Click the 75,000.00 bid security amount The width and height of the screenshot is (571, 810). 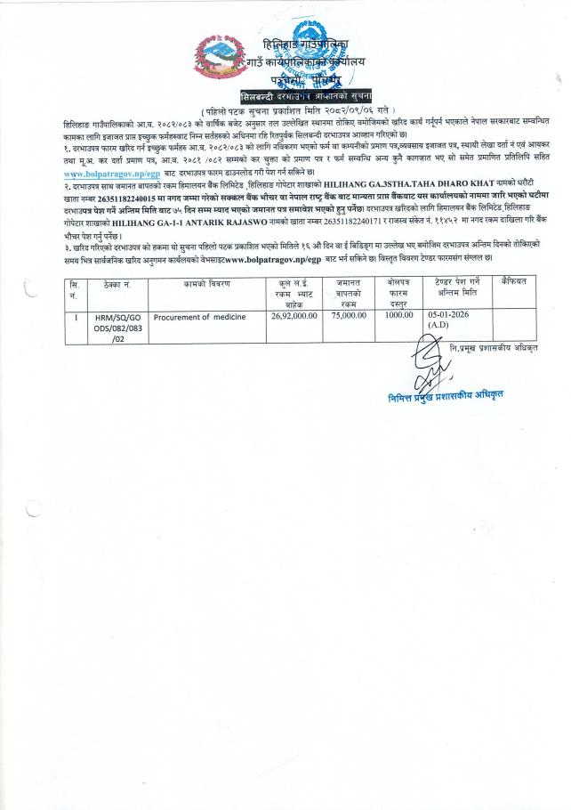[347, 290]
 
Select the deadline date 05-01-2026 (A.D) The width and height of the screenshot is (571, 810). [445, 296]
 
